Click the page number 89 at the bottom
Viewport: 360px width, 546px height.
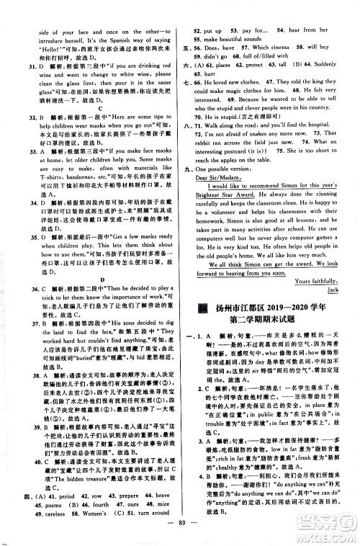[x=180, y=534]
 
